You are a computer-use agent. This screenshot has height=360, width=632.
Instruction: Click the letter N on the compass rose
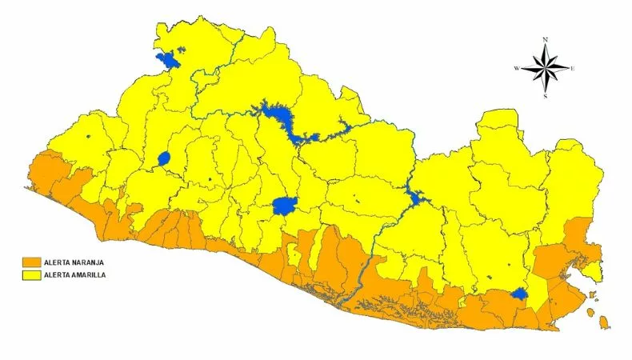point(546,39)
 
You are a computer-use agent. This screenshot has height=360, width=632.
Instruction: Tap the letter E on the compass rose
point(574,68)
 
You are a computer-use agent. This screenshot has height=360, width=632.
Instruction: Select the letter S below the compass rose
point(546,97)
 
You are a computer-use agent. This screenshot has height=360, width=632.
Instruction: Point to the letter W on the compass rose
point(518,68)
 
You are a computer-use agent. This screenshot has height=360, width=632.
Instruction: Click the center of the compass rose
point(546,68)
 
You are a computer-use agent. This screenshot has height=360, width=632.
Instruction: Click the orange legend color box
point(31,262)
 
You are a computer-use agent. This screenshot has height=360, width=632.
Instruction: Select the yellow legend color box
point(31,274)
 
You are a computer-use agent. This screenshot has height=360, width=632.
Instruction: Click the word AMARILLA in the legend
point(90,274)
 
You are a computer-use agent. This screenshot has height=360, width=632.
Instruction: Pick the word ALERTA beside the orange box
point(58,262)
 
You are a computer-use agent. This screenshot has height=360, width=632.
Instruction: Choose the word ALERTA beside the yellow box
point(58,274)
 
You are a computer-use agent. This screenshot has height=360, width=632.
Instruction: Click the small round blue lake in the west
point(164,158)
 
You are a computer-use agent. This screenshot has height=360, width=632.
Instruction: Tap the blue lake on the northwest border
point(167,60)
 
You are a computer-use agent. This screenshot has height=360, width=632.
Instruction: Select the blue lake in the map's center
point(285,206)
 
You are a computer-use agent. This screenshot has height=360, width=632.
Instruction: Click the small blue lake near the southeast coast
point(519,294)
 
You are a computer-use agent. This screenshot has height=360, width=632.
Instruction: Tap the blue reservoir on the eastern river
point(414,198)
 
